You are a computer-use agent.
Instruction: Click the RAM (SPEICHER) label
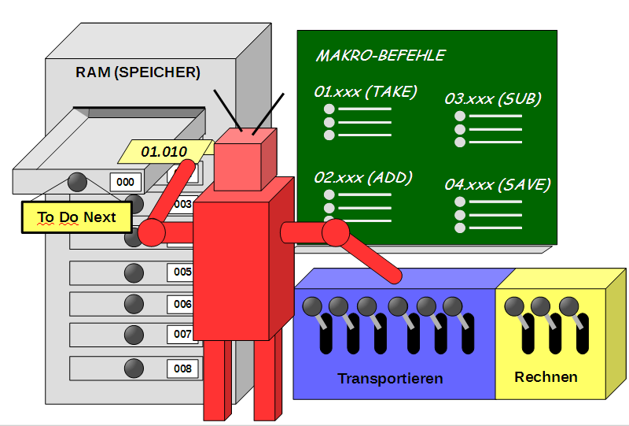(x=138, y=72)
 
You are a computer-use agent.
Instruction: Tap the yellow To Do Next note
(x=76, y=217)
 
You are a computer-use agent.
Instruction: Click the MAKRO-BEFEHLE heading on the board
(x=380, y=55)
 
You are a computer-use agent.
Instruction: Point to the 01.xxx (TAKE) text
(x=365, y=91)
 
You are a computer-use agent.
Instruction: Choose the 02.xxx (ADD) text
(x=362, y=177)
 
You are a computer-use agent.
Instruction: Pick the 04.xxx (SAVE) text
(x=497, y=184)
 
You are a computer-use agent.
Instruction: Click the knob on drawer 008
(x=134, y=367)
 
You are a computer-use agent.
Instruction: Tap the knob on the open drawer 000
(x=77, y=181)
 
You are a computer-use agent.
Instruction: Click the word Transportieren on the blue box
(x=390, y=379)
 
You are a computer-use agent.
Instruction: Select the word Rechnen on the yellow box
(x=546, y=377)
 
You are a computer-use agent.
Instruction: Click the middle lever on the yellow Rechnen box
(x=540, y=307)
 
